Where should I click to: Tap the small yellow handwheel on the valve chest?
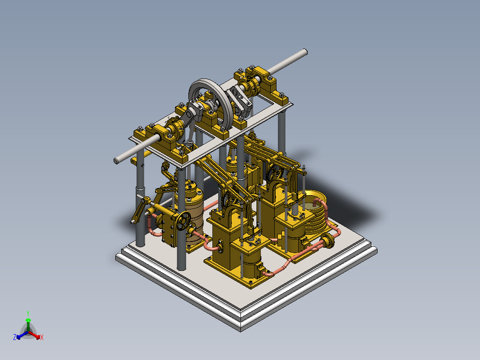pos(183,221)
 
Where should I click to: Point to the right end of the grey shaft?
pos(304,52)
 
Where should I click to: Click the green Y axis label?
pos(28,313)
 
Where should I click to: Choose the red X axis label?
pos(42,338)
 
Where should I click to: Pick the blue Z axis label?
pos(15,338)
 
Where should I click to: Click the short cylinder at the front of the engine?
pos(252,263)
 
